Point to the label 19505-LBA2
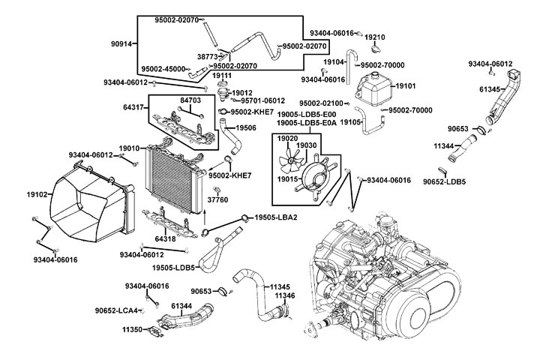(276, 217)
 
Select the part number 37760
(217, 200)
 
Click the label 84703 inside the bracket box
(191, 99)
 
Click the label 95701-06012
(263, 100)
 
